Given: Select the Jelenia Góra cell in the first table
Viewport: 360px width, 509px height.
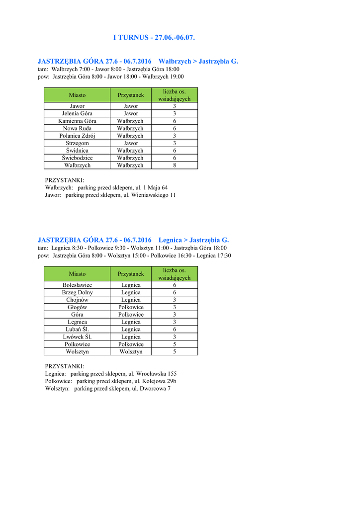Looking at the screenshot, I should pos(77,113).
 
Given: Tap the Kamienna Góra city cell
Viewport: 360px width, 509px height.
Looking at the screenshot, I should pos(77,121).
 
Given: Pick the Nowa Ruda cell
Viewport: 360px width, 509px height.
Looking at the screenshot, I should pos(77,128).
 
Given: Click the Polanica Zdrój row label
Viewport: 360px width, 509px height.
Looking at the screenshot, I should pos(77,136).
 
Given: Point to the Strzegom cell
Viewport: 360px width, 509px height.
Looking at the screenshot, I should pos(77,143).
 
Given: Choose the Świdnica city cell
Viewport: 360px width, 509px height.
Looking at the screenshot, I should pos(77,150).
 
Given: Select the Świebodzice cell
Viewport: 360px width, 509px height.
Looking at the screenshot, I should pos(77,158).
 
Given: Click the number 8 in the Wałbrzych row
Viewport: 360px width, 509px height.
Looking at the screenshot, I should pos(175,165).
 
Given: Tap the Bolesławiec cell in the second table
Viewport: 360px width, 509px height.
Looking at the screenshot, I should pos(77,285).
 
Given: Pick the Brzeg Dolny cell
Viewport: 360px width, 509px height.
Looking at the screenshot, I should pos(77,292).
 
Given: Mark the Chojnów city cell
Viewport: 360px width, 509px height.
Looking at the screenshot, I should pos(77,300).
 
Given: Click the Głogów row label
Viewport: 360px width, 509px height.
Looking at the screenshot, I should pos(77,307).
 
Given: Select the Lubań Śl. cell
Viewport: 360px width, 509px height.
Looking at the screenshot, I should pos(77,329).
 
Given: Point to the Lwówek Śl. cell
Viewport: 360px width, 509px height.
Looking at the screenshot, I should pos(77,337).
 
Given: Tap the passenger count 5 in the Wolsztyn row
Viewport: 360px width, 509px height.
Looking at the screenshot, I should pos(175,351).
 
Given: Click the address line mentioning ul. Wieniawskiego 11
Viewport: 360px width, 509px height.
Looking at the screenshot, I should pos(110,195).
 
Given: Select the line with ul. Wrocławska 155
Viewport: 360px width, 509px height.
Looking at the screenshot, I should pos(111,373).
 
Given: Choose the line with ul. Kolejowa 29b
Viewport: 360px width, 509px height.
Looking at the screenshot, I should pos(110,381).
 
